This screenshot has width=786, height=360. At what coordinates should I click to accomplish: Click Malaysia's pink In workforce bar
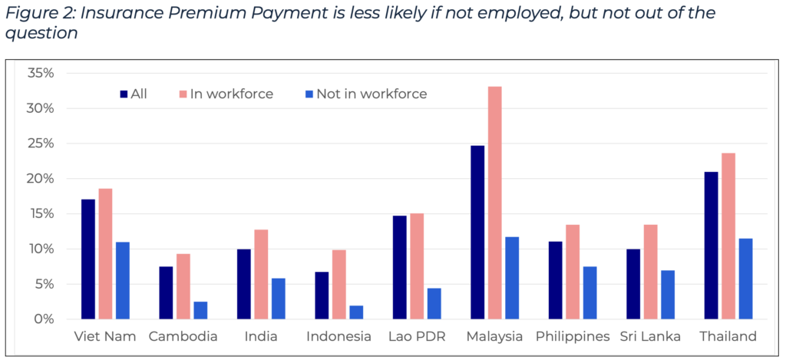tap(495, 203)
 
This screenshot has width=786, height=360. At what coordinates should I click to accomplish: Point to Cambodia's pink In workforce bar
tap(183, 286)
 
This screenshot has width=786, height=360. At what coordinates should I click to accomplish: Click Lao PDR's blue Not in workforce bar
tap(434, 304)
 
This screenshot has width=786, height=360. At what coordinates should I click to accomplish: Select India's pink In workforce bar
tap(261, 274)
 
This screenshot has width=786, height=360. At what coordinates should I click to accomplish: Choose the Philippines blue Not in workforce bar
tap(589, 292)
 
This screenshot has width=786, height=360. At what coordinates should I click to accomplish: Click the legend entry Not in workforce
tap(371, 94)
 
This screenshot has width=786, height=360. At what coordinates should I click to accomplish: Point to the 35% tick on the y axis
tap(40, 74)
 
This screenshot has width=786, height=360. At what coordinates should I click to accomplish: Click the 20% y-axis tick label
tap(40, 179)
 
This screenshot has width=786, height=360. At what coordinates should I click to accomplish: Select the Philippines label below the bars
tap(573, 336)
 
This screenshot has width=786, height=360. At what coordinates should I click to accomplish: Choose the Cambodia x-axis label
tap(183, 336)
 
